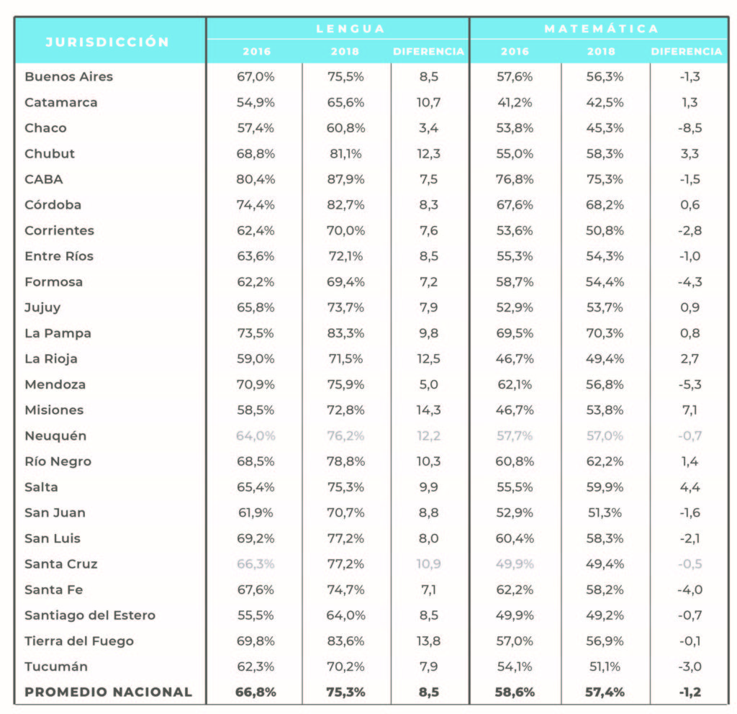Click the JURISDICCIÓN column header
[107, 42]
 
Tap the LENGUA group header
[351, 29]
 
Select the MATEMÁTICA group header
[601, 29]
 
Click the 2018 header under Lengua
[345, 51]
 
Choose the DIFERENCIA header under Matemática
[686, 51]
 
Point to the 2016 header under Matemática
[515, 51]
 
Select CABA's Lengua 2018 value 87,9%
[345, 179]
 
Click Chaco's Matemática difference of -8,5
[689, 128]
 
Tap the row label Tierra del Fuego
[79, 641]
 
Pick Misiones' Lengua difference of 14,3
[428, 410]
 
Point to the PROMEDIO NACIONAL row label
[108, 692]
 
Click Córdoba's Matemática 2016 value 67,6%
[515, 205]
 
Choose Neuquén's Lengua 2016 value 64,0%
[256, 435]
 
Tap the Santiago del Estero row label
[90, 615]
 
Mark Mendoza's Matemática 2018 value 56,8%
[605, 384]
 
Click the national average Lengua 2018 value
[345, 692]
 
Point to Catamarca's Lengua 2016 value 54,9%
[256, 102]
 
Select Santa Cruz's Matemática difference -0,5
[689, 564]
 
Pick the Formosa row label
[53, 282]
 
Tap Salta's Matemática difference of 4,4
[689, 487]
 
